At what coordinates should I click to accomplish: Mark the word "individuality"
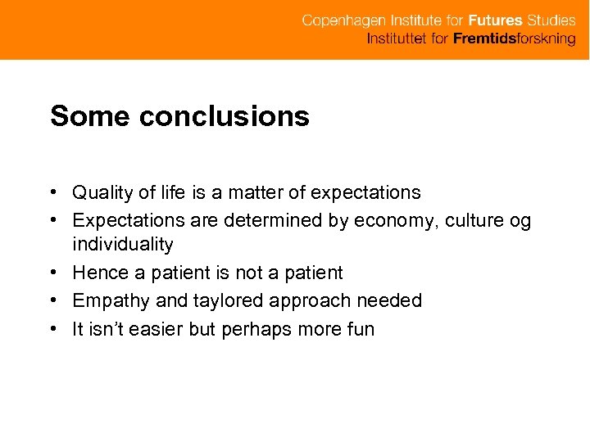click(123, 244)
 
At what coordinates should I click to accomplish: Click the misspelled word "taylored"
click(226, 301)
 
